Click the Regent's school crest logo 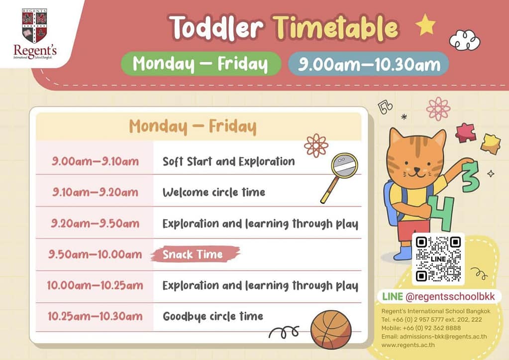pyautogui.click(x=35, y=26)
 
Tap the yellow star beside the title pyautogui.click(x=425, y=24)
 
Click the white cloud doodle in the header pyautogui.click(x=465, y=40)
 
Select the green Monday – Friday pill pyautogui.click(x=201, y=64)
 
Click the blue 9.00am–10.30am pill pyautogui.click(x=369, y=64)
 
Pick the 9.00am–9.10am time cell pyautogui.click(x=95, y=161)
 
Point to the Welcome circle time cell pyautogui.click(x=214, y=192)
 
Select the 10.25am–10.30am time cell pyautogui.click(x=95, y=316)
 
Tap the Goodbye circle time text pyautogui.click(x=213, y=316)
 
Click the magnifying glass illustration pyautogui.click(x=339, y=177)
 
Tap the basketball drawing pyautogui.click(x=331, y=330)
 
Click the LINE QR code pyautogui.click(x=438, y=259)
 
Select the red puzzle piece pyautogui.click(x=466, y=132)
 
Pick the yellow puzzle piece pyautogui.click(x=490, y=143)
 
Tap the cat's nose pyautogui.click(x=416, y=169)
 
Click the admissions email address pyautogui.click(x=434, y=337)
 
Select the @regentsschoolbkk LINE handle pyautogui.click(x=450, y=296)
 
